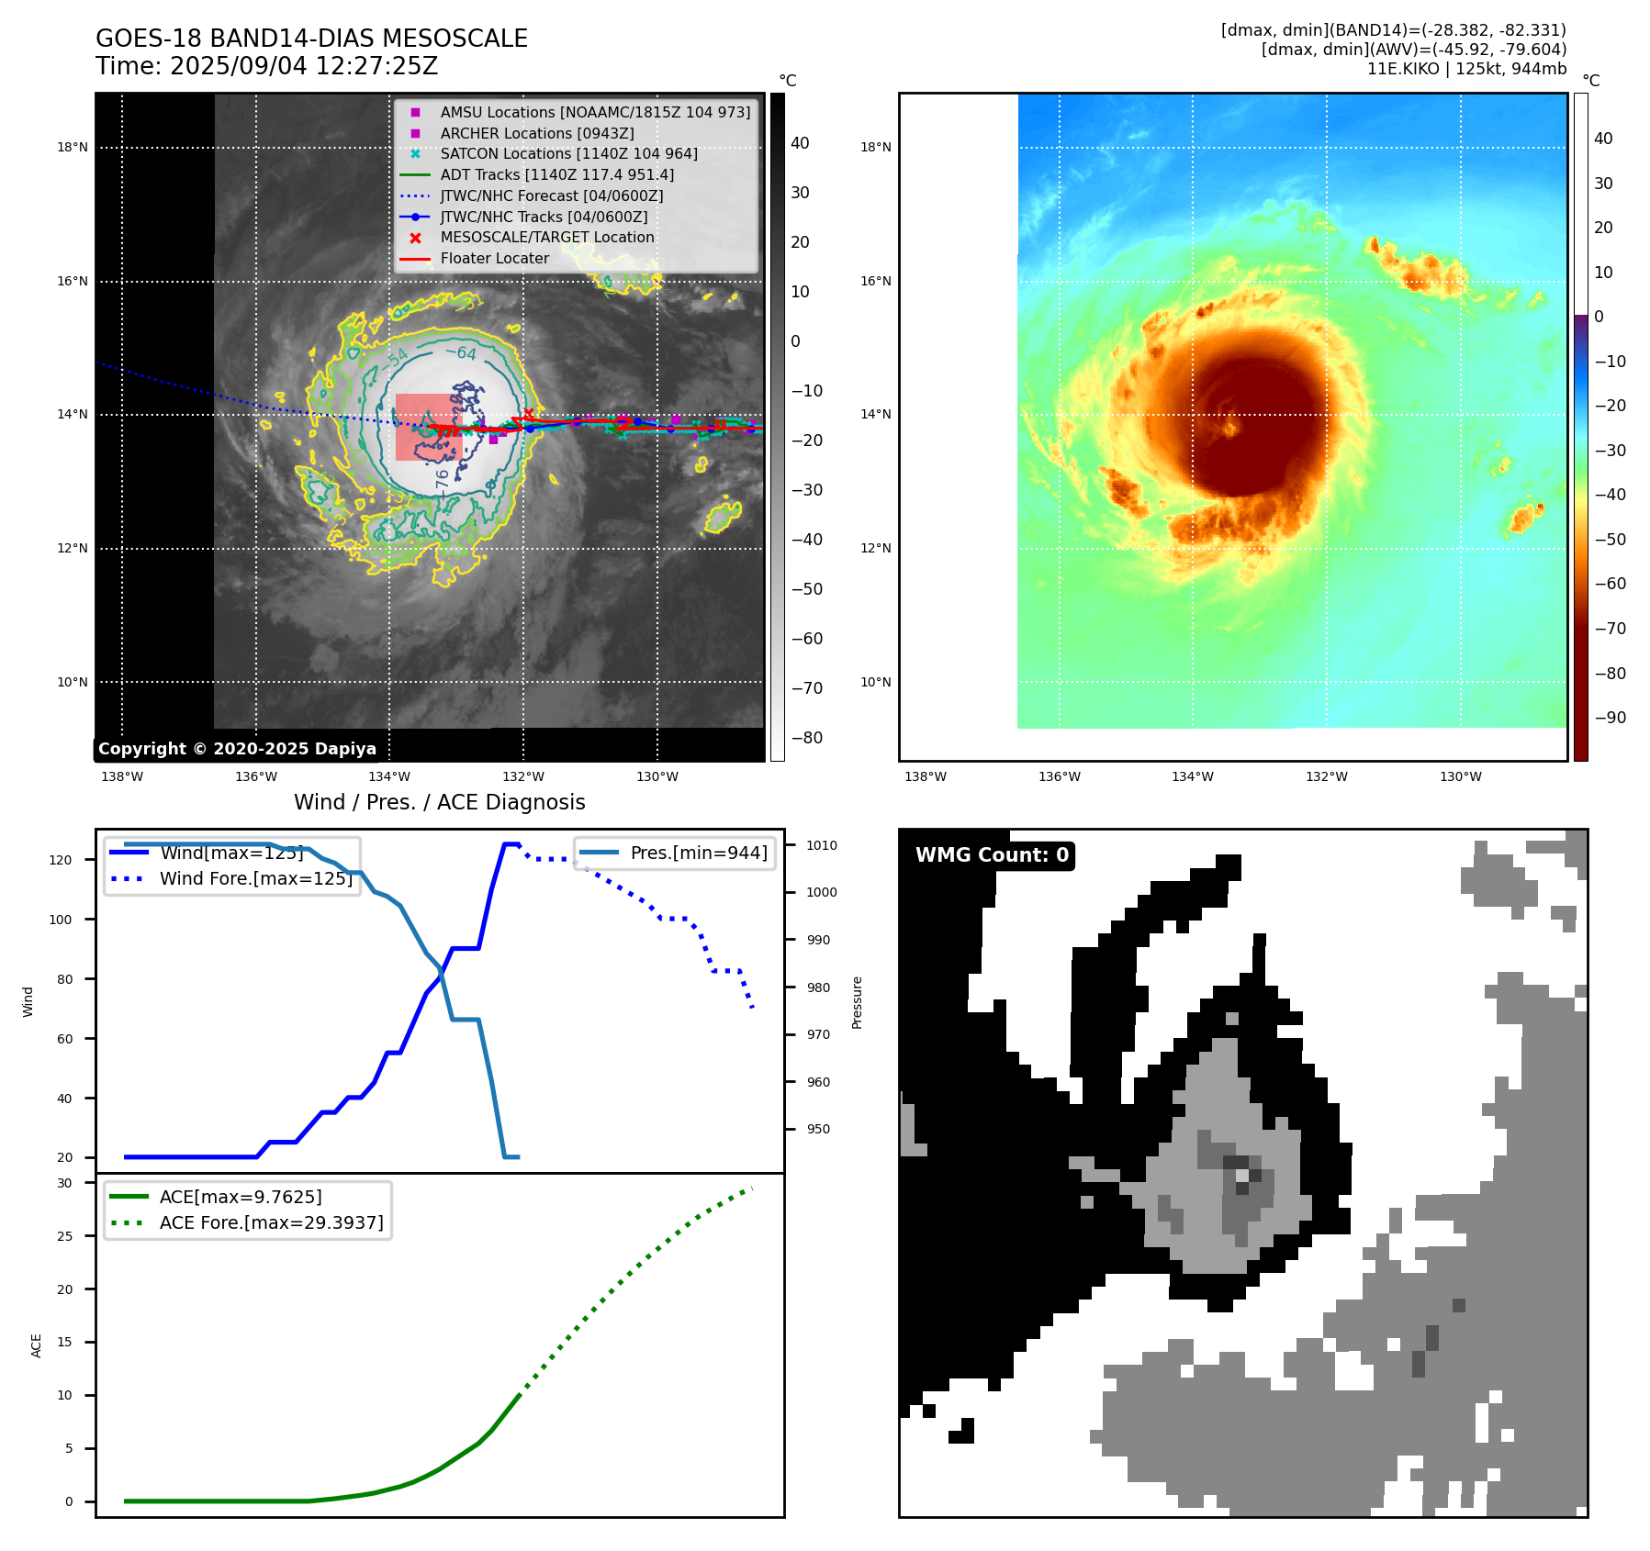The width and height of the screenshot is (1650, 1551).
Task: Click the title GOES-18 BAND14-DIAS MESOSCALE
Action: (x=311, y=39)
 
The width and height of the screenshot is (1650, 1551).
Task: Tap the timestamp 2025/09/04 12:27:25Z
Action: (x=303, y=67)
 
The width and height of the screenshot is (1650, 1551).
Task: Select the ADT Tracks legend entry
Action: (x=556, y=174)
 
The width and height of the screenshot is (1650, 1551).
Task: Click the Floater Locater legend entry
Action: (x=494, y=259)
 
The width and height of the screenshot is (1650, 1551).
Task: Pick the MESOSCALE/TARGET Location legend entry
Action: (x=546, y=238)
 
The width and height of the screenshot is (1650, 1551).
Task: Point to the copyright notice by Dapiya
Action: (x=237, y=749)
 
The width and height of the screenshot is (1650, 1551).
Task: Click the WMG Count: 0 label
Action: (x=992, y=855)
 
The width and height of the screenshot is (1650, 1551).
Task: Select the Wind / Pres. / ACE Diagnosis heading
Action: (x=439, y=802)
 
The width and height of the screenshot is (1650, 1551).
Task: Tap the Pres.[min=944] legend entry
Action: (x=698, y=853)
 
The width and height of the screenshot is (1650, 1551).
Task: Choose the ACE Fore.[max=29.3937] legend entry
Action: (x=271, y=1222)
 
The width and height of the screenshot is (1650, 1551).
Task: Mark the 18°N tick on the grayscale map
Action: (x=73, y=147)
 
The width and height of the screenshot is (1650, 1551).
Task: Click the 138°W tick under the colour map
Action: (x=925, y=776)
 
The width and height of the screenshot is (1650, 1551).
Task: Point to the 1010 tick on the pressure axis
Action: (x=822, y=845)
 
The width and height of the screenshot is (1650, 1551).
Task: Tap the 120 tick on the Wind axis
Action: (x=60, y=860)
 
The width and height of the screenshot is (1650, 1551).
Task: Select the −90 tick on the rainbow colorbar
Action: (x=1610, y=718)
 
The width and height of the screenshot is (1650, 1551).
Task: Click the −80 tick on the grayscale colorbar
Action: (x=807, y=738)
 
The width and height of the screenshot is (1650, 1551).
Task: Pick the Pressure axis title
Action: (x=857, y=1002)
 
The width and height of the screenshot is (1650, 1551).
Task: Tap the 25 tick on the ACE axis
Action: (x=64, y=1236)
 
